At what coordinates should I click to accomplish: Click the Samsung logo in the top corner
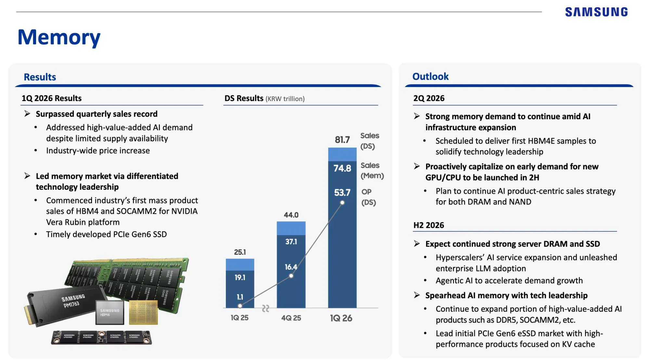(596, 12)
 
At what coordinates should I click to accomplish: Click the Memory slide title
(59, 37)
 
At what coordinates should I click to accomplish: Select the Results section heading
(40, 77)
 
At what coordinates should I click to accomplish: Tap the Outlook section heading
(430, 77)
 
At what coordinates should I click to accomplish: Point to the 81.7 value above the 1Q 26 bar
(342, 140)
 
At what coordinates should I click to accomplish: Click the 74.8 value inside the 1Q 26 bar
(342, 168)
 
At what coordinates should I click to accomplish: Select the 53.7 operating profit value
(342, 193)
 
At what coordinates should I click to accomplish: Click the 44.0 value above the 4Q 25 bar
(291, 215)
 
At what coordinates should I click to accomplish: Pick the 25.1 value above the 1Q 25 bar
(240, 252)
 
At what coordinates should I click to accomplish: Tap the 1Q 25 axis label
(240, 318)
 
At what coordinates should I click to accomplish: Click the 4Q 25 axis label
(291, 318)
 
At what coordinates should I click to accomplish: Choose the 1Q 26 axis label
(341, 318)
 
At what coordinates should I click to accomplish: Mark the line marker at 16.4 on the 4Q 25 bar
(291, 276)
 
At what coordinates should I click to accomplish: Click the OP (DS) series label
(369, 197)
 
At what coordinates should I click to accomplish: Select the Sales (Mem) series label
(372, 171)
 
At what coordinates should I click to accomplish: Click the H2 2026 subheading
(428, 225)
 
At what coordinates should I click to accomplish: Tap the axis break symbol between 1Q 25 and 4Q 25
(266, 308)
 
